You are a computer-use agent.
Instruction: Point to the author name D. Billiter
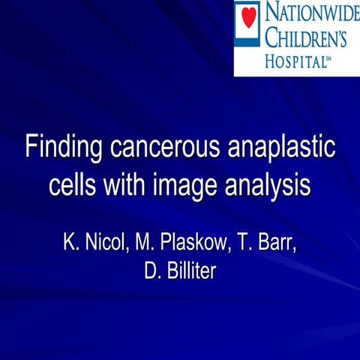[180, 270]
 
